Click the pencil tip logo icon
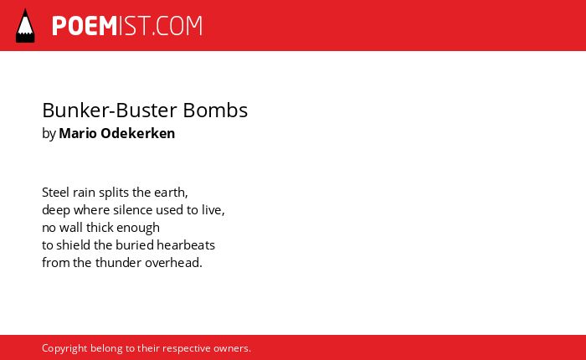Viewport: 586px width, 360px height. click(25, 25)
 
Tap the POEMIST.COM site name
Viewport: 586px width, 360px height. click(127, 26)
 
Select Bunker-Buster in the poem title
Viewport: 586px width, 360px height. click(110, 111)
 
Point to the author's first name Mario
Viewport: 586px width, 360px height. click(78, 133)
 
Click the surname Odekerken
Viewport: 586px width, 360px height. click(138, 133)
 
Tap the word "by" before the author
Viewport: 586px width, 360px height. click(49, 134)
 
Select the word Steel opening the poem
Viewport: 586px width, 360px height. click(56, 193)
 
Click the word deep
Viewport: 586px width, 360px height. click(56, 210)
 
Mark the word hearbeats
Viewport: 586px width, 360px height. click(186, 244)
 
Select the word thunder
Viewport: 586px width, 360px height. click(118, 262)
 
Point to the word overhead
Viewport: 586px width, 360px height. click(173, 262)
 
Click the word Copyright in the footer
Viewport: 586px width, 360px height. click(64, 349)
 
